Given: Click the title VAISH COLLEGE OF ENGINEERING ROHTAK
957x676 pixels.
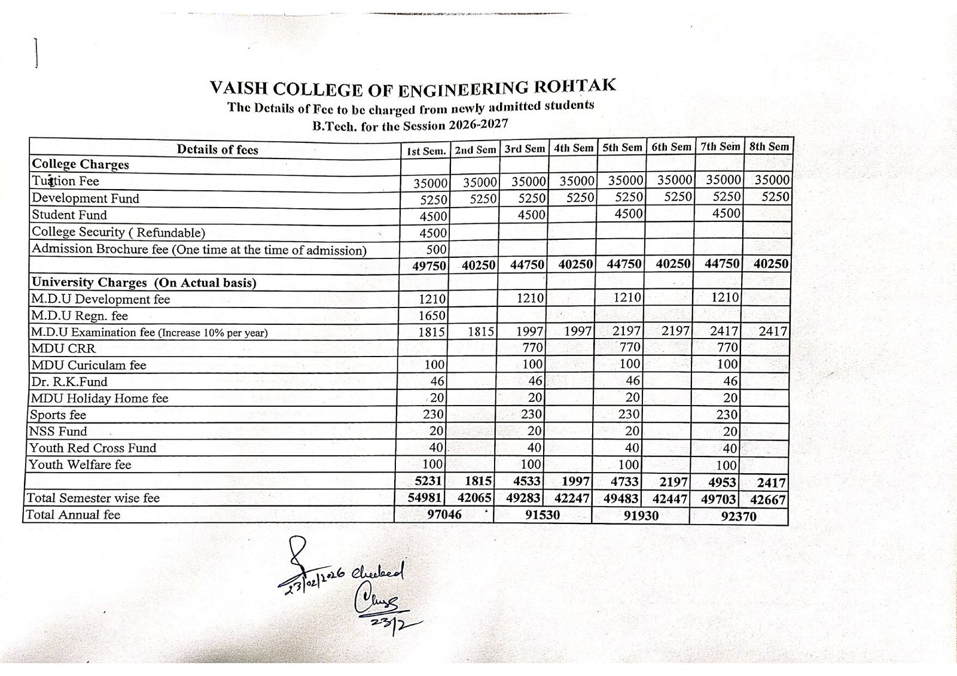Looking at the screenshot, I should [413, 87].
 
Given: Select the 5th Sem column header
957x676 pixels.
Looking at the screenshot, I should [622, 148].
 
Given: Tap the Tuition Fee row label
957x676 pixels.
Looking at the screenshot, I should [66, 181].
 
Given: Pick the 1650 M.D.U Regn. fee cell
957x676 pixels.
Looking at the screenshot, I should [432, 316].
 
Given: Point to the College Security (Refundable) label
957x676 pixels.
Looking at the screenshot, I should [118, 232].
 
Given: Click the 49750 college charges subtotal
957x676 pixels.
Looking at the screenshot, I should [429, 266].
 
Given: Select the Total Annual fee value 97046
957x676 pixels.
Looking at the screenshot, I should [444, 514].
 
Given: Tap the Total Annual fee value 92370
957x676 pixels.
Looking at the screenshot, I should [739, 516].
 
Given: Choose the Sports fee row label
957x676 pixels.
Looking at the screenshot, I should [58, 415].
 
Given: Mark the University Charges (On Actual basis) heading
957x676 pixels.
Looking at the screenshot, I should [144, 282].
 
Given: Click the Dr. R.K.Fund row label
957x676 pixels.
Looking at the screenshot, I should [69, 382].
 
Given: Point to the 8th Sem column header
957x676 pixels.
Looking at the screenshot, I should [769, 147].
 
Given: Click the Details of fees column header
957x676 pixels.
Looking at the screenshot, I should [217, 150].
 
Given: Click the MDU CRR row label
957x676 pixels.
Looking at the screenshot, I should [63, 348].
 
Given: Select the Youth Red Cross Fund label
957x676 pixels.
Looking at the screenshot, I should [93, 448].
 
